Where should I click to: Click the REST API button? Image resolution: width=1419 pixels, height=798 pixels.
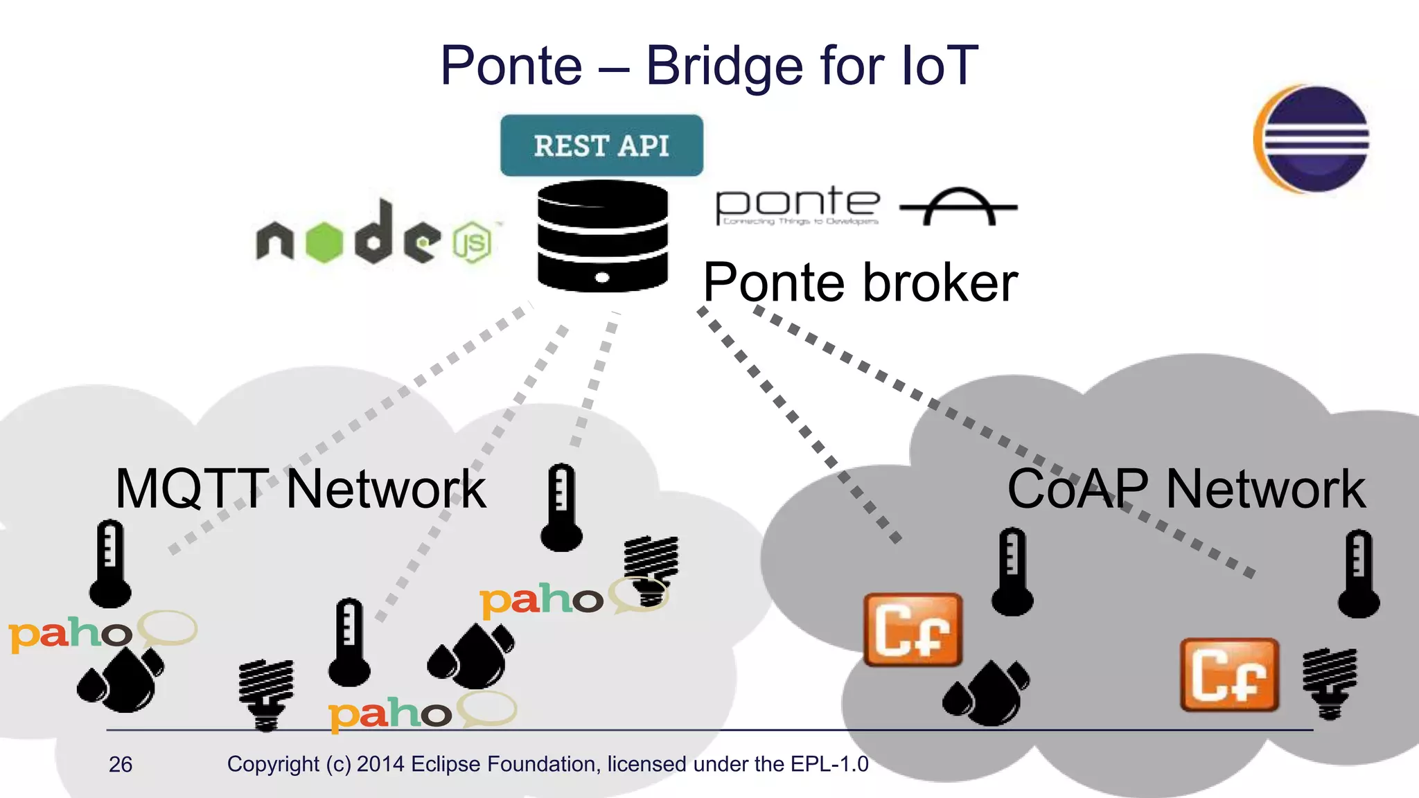(601, 145)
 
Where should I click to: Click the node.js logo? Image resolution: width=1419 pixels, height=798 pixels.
(374, 236)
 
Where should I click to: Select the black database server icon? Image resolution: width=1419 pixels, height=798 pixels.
(602, 236)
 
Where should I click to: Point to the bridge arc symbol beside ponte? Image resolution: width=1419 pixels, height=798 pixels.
(958, 206)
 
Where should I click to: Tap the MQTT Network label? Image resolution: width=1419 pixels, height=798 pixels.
(300, 489)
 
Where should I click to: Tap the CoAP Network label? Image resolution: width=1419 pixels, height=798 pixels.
(1186, 489)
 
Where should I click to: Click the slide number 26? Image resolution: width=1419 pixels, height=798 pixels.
(121, 764)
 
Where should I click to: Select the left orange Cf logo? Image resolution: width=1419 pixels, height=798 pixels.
(913, 630)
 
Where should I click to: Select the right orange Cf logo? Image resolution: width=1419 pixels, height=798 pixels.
(1229, 675)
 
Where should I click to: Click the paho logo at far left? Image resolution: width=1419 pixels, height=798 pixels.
(69, 634)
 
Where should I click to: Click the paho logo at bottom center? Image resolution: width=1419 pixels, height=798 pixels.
(389, 713)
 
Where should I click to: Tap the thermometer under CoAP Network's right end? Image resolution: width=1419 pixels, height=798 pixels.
(1358, 574)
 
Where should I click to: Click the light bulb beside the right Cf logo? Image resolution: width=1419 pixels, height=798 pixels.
(1329, 682)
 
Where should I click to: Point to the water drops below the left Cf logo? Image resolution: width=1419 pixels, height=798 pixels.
(987, 693)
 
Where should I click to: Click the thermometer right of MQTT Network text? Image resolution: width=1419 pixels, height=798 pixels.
(561, 507)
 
